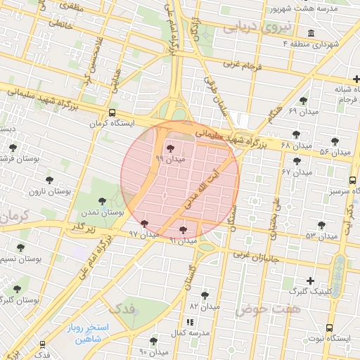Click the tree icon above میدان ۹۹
[170, 148]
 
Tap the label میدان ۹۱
[182, 241]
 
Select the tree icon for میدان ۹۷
[144, 224]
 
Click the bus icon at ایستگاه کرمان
[112, 113]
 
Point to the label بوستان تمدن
[107, 212]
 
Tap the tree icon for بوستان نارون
[49, 180]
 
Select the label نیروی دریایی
[251, 27]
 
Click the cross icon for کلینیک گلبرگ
[310, 281]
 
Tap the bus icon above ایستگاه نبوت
[329, 328]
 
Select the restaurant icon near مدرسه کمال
[190, 321]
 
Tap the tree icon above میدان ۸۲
[205, 295]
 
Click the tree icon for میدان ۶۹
[303, 101]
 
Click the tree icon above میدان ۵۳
[321, 225]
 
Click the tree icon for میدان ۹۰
[154, 341]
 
